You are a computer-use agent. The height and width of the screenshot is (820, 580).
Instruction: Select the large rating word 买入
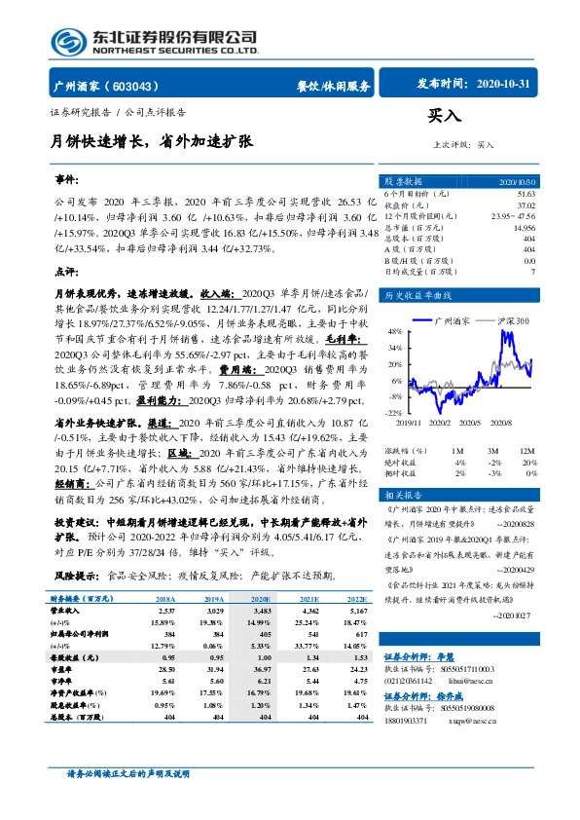pos(445,116)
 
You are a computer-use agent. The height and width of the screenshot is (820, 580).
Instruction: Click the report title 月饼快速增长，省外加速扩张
pos(153,140)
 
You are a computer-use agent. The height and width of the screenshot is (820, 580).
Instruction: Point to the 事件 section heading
pos(66,182)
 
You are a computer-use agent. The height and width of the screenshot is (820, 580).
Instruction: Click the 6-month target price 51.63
pos(526,195)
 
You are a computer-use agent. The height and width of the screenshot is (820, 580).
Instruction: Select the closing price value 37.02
pos(526,205)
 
